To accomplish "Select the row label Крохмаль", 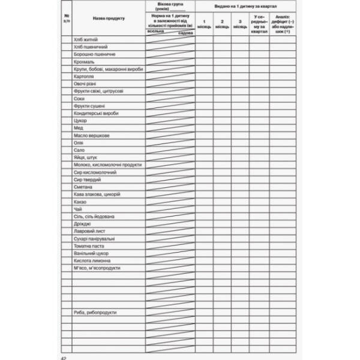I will click(83, 62).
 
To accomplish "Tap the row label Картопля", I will click(84, 76).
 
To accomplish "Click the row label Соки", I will click(80, 98).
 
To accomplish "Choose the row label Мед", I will click(79, 128).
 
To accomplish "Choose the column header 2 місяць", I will click(222, 26).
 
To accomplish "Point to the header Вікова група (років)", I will click(170, 5).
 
